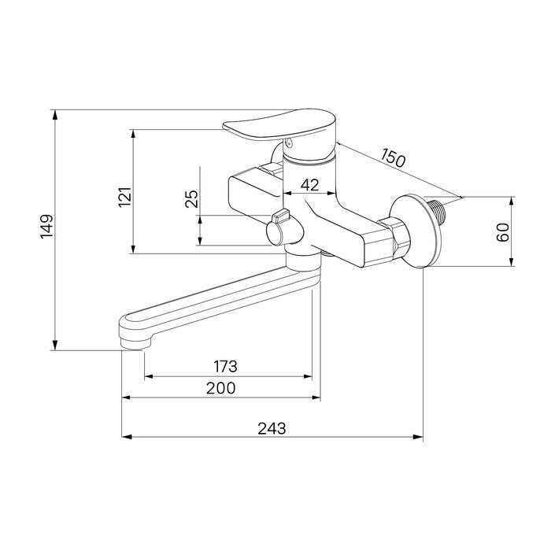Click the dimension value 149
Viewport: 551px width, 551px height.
[46, 227]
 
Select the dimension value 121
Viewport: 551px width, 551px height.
[125, 197]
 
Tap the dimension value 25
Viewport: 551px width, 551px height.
[192, 199]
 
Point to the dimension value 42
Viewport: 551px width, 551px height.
[309, 185]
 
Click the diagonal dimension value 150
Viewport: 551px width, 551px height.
[394, 157]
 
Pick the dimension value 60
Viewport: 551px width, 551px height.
[503, 232]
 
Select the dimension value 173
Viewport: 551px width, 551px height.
[226, 367]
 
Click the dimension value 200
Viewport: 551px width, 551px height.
[220, 388]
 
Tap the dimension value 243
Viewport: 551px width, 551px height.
[272, 428]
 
